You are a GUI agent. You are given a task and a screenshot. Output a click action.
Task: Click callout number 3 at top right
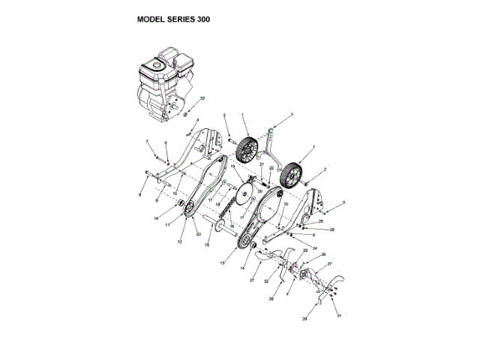292,115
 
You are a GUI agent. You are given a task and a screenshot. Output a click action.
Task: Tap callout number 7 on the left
147,141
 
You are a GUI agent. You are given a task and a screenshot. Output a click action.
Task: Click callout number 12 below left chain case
179,241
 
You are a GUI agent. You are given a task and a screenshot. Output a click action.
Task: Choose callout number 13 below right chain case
223,262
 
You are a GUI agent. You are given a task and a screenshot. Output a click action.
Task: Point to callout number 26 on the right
332,228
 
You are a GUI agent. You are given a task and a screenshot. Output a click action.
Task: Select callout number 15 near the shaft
208,245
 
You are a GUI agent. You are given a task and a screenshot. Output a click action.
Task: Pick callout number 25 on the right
321,222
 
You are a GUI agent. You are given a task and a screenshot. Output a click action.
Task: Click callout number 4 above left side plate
197,119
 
